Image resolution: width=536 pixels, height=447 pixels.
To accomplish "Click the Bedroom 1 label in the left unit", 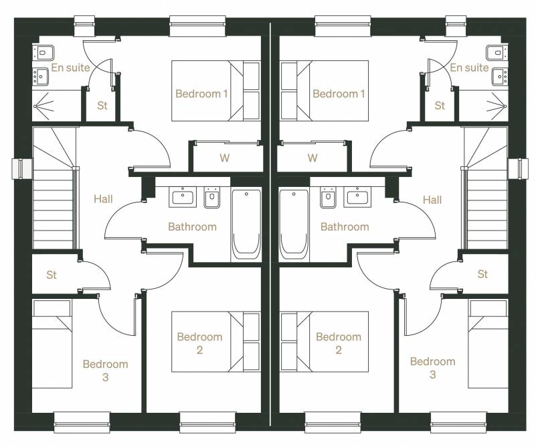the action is pos(201,93).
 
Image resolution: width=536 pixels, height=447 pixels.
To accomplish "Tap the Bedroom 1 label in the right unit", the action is pos(339,93).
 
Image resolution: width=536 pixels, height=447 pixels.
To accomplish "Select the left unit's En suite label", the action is pos(70,68).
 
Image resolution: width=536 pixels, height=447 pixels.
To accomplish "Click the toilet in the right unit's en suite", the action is pos(497,53).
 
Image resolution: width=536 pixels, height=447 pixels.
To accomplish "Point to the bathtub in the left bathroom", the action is pos(246,225).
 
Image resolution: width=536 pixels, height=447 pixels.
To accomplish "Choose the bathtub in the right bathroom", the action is pos(294,225).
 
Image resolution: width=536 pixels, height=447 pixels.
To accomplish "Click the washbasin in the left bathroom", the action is pos(183,197).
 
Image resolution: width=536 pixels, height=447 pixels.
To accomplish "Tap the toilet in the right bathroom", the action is pos(329,198).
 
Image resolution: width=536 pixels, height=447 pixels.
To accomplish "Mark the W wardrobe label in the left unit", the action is pos(225,157).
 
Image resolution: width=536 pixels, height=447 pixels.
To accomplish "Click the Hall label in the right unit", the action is pos(432,200).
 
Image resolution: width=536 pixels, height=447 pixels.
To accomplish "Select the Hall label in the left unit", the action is pos(103,199).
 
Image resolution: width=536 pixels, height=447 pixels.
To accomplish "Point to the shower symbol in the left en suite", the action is pos(43,106).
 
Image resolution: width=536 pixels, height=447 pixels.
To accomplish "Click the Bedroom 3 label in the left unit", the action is pos(105,371).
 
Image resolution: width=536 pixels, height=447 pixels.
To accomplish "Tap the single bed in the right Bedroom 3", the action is pos(488,344).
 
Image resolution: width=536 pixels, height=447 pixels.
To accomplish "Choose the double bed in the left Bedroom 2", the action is pos(215,342).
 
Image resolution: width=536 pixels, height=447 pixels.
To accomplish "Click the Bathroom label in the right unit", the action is pos(345,227).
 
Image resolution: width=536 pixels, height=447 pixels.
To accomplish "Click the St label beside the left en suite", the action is pos(102,105).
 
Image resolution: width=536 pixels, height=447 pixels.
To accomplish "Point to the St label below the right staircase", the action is pos(482,274).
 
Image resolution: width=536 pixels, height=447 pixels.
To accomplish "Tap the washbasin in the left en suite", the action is pos(41,76).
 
